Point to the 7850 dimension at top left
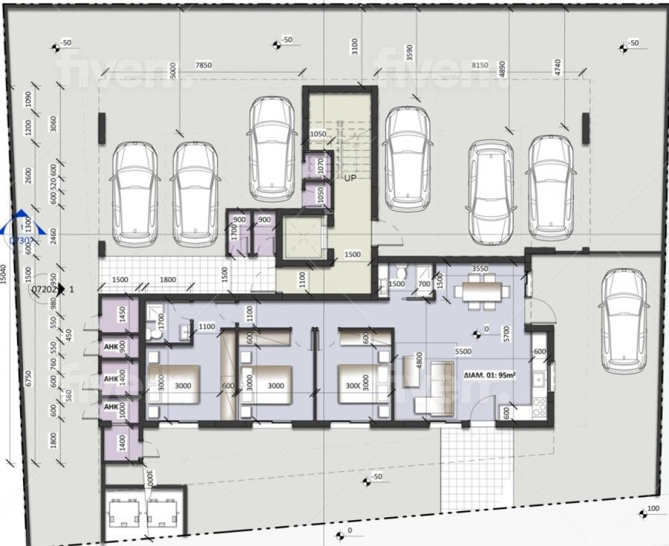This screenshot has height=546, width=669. coord(203,65)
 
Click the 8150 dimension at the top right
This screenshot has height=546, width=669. coord(480,65)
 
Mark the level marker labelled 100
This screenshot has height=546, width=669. coord(652,509)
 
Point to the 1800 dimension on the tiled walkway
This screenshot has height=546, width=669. coord(168,280)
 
